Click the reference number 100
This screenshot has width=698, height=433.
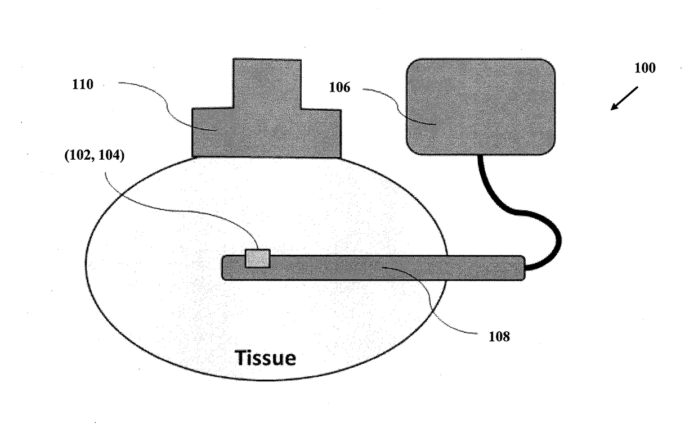point(645,69)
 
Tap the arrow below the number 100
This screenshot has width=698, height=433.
point(625,98)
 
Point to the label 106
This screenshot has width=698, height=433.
point(341,88)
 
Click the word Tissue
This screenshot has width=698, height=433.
point(265,358)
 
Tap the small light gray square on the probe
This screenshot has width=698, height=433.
point(257,258)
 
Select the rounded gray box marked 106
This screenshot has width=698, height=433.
point(481,107)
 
